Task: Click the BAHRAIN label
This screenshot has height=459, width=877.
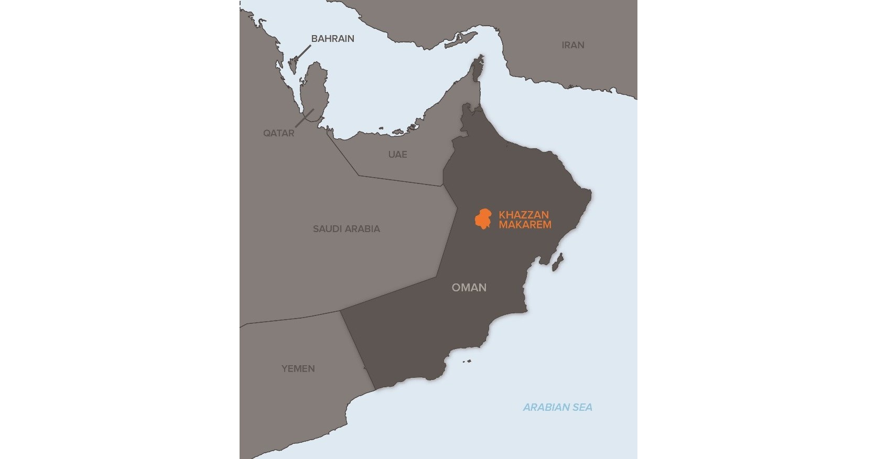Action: click(332, 39)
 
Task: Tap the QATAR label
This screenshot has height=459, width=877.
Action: click(278, 133)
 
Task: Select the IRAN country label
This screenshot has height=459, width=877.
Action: click(572, 45)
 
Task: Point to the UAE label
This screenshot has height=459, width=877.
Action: click(397, 155)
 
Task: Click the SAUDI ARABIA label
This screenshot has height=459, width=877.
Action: click(346, 229)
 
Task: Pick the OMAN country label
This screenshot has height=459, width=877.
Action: click(469, 288)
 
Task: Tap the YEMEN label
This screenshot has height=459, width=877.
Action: click(298, 369)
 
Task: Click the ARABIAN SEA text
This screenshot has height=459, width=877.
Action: click(557, 407)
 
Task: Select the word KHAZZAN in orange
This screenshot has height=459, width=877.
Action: click(524, 215)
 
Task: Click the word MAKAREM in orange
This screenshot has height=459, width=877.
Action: click(525, 225)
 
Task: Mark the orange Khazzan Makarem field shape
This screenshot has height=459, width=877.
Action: click(483, 219)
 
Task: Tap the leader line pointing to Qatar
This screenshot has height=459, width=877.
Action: click(304, 118)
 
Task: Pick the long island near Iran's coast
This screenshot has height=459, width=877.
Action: click(462, 40)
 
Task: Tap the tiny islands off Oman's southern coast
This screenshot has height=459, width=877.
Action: click(465, 360)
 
